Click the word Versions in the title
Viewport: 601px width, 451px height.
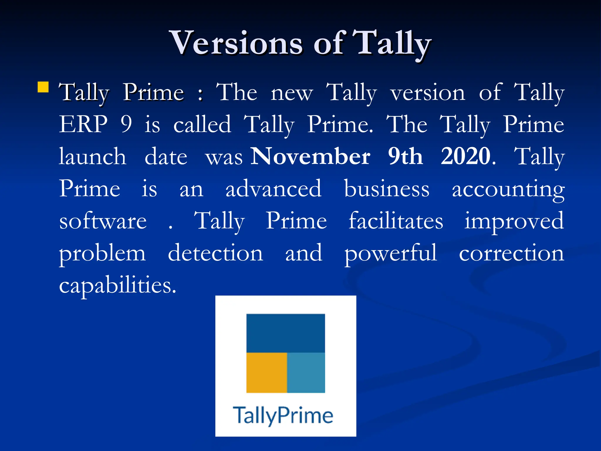(236, 43)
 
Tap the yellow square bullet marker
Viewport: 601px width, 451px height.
(43, 87)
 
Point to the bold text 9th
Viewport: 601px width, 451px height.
(406, 156)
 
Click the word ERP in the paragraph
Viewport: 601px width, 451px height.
(84, 124)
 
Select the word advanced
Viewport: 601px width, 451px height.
(274, 189)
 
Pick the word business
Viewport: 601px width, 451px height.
(387, 189)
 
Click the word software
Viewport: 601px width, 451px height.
(103, 221)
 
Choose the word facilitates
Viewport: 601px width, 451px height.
(396, 221)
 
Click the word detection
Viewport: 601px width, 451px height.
(215, 253)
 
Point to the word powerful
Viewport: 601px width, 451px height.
(391, 253)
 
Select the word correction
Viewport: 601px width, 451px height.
(511, 253)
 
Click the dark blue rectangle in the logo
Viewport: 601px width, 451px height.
(286, 333)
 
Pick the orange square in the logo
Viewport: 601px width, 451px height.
(266, 373)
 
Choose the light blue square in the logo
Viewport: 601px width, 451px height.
(306, 373)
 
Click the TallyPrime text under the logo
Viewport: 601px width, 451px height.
(283, 415)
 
